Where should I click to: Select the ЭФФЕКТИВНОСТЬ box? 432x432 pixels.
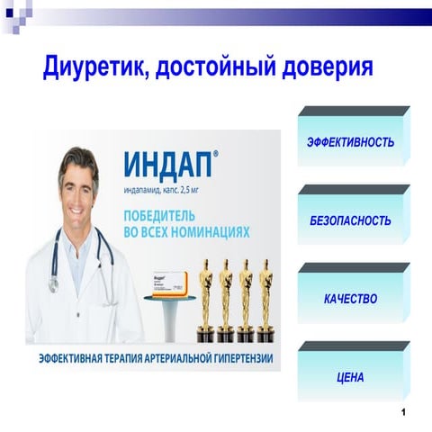tap(350, 143)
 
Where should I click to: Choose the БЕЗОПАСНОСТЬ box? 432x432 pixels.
tap(350, 220)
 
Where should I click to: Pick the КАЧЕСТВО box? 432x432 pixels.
tap(350, 299)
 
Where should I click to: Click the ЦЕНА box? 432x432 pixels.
tap(350, 377)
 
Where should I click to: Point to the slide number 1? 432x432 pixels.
tap(406, 412)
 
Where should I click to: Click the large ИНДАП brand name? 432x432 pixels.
tap(168, 166)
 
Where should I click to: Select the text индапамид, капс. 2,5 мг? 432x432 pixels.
tap(160, 190)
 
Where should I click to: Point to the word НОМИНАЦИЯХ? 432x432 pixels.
tap(206, 232)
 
